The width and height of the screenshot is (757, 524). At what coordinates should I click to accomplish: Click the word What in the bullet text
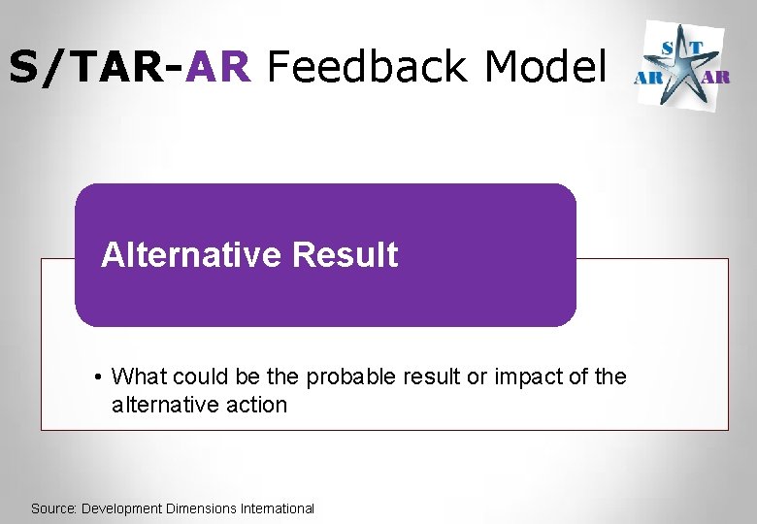tap(139, 377)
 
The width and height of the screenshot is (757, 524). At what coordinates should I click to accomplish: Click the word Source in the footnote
tap(53, 508)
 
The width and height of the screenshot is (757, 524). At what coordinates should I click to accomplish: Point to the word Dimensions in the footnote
tap(200, 508)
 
